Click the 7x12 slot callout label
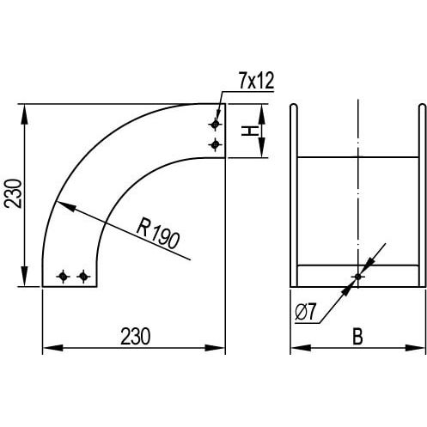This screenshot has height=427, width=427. pyautogui.click(x=257, y=81)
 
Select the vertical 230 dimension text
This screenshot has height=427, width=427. pyautogui.click(x=14, y=193)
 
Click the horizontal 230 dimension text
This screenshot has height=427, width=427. pyautogui.click(x=135, y=336)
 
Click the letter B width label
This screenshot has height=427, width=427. pyautogui.click(x=357, y=336)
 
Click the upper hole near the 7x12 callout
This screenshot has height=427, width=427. pyautogui.click(x=215, y=125)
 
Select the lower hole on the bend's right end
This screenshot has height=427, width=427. pyautogui.click(x=215, y=144)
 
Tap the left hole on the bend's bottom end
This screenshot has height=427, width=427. pyautogui.click(x=63, y=277)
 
